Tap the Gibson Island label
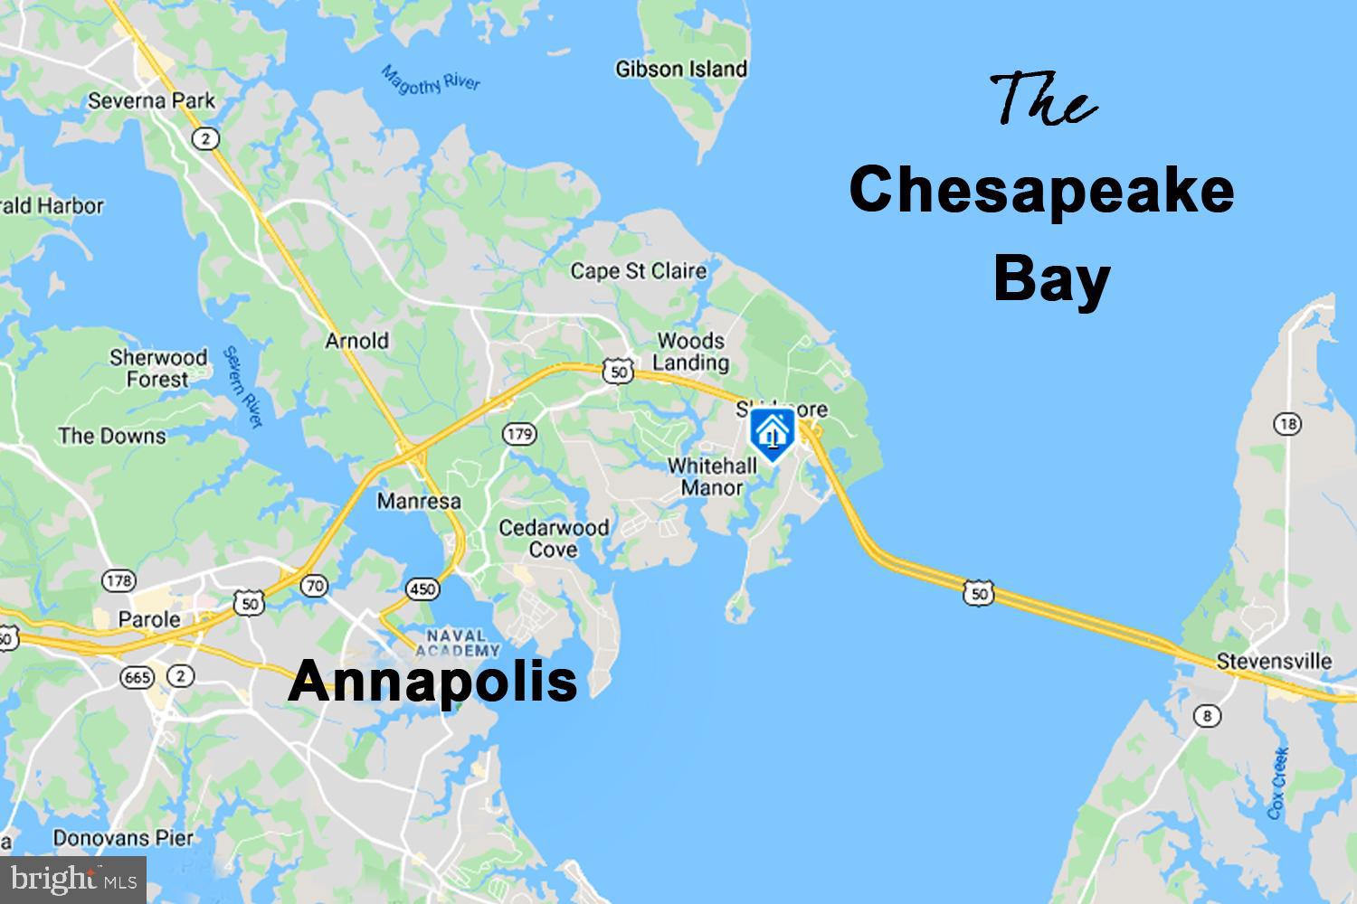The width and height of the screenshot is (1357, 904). point(681,69)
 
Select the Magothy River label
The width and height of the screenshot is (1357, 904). point(430,79)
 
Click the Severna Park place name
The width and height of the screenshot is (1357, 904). point(151,100)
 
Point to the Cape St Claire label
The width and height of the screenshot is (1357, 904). point(638,270)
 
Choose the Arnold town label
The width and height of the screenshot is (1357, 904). point(356,341)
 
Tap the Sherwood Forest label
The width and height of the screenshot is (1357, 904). point(158,368)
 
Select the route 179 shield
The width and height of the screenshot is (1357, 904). point(519,435)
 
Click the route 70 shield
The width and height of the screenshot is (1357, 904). point(314,585)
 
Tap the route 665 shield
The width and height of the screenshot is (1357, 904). point(139,675)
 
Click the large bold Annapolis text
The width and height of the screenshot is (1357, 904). point(432,681)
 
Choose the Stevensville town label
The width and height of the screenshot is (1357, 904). point(1274,661)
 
